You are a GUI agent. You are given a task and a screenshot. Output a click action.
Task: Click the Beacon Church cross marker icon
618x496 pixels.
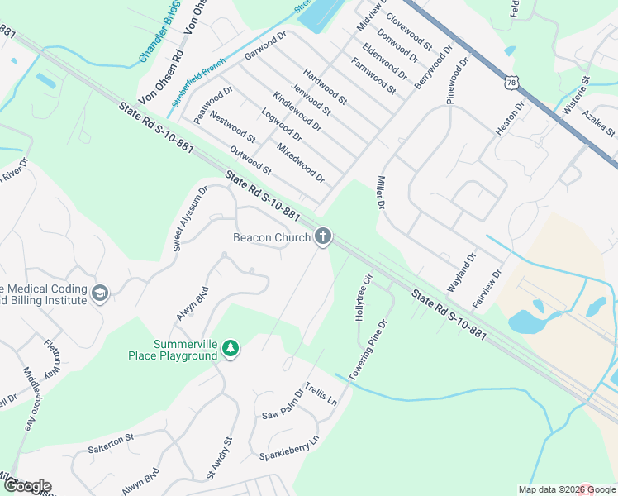pos(323,238)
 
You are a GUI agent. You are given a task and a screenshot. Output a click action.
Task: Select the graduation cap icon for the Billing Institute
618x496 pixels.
pos(100,293)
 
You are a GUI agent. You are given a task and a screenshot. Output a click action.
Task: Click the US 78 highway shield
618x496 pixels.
pos(513,83)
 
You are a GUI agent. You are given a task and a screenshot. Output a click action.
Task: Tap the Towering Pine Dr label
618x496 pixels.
pos(368,351)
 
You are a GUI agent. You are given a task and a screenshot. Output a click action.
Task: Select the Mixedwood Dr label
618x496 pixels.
pos(301,164)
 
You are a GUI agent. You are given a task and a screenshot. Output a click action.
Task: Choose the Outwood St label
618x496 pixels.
pos(250,160)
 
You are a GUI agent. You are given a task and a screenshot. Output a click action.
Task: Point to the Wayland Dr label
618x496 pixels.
pos(462,273)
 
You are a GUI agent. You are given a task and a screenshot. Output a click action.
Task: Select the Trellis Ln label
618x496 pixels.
pos(321,393)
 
